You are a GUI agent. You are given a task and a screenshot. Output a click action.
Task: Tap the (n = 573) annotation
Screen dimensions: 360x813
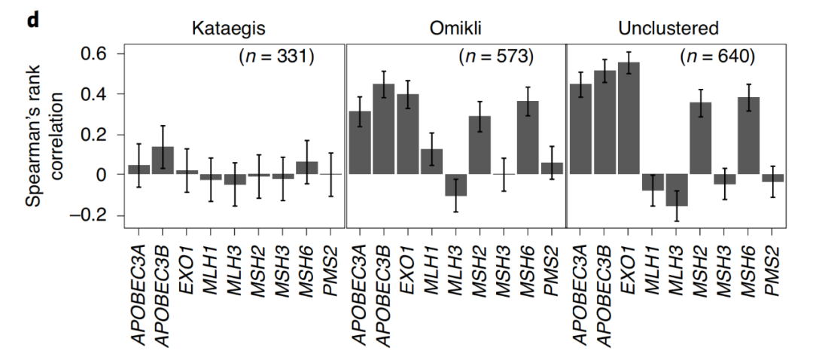pyautogui.click(x=495, y=57)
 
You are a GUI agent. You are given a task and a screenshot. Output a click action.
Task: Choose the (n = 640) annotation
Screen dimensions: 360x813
pyautogui.click(x=717, y=57)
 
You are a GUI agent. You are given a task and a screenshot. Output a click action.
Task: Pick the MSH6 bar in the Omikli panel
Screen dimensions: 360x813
pyautogui.click(x=527, y=138)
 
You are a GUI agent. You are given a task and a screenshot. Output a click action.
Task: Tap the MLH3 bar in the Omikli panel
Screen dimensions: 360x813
pyautogui.click(x=455, y=185)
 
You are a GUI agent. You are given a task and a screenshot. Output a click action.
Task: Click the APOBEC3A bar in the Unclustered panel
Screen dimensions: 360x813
pyautogui.click(x=580, y=130)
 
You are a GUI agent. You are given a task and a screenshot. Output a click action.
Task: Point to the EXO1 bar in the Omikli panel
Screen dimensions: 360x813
pyautogui.click(x=407, y=134)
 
